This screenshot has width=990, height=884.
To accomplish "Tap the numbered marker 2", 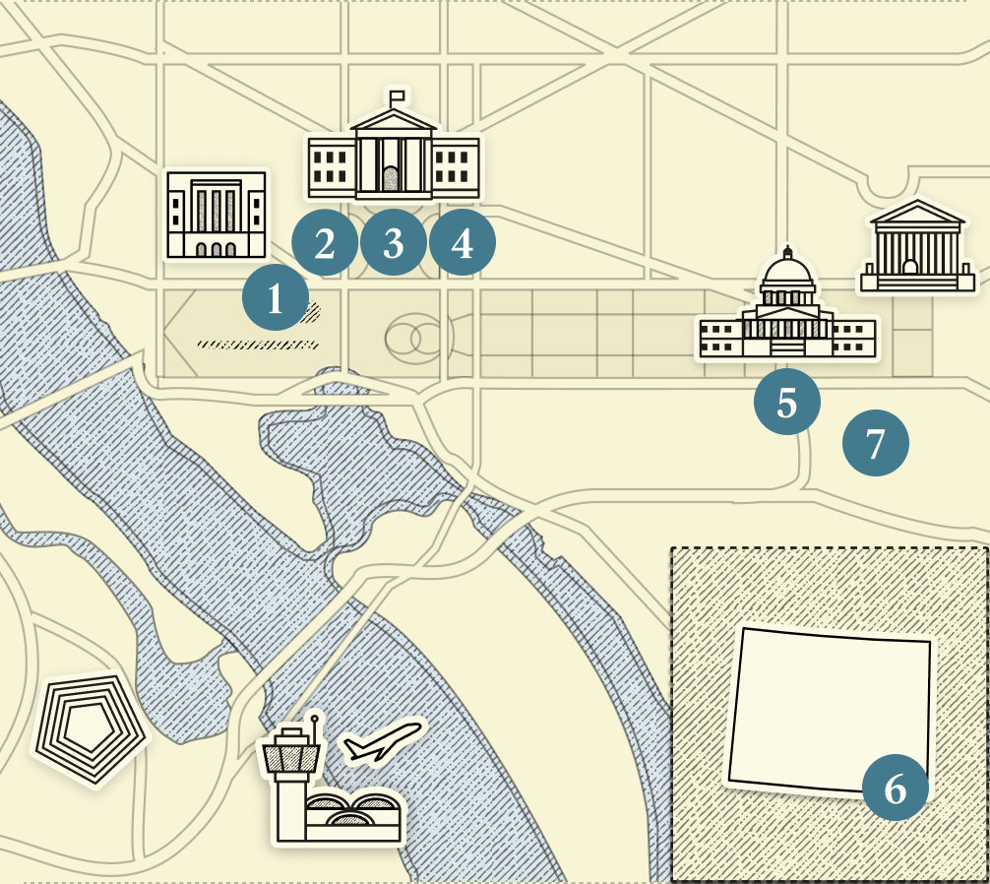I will pyautogui.click(x=325, y=242).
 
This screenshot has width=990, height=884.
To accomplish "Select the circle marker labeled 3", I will pyautogui.click(x=394, y=242).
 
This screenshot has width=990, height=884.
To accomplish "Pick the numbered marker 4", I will pyautogui.click(x=463, y=242).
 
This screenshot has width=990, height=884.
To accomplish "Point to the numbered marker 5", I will pyautogui.click(x=786, y=402).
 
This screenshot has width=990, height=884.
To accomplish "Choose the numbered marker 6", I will pyautogui.click(x=895, y=788).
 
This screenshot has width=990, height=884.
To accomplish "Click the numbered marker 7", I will pyautogui.click(x=875, y=443).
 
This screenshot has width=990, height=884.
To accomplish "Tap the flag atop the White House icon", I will pyautogui.click(x=398, y=96).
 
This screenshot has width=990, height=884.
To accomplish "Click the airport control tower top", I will pyautogui.click(x=290, y=755).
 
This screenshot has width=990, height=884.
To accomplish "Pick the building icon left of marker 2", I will pyautogui.click(x=217, y=215).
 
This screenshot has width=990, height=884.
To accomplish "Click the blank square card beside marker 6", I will pyautogui.click(x=829, y=709).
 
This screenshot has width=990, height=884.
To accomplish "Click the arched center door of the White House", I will pyautogui.click(x=392, y=179).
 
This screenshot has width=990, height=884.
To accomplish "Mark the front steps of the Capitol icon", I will pyautogui.click(x=786, y=347).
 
